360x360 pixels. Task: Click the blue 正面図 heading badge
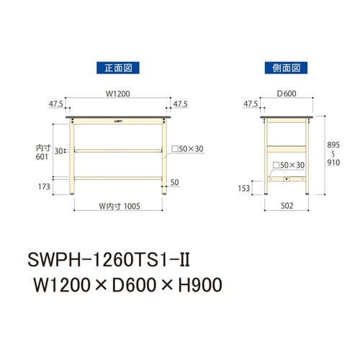(117, 68)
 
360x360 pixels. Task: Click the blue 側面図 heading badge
(287, 68)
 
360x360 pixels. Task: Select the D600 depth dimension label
(287, 92)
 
